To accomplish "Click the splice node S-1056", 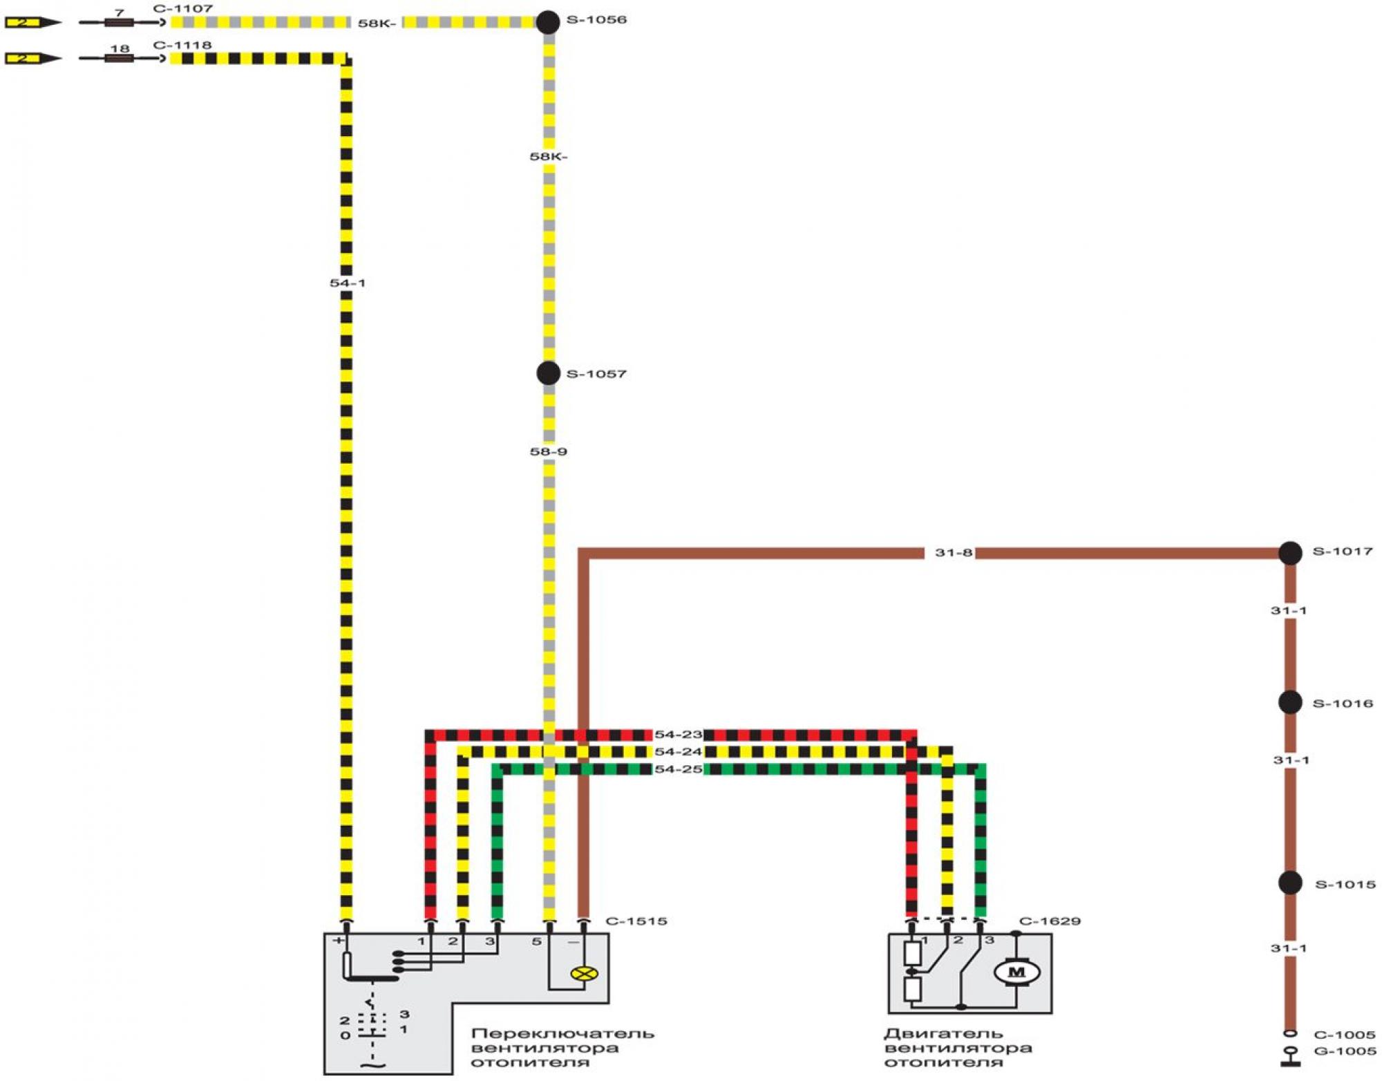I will point(548,22).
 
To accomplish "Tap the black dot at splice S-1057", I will point(548,373).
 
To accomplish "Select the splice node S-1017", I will point(1289,553).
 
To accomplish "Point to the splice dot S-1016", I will point(1289,703).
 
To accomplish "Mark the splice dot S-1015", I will point(1289,883).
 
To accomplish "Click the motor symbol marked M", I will point(1016,972).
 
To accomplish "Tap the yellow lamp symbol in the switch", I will point(584,974).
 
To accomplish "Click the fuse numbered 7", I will point(119,23).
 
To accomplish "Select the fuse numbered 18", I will point(119,59).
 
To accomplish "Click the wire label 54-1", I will point(347,283).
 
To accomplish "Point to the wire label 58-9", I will point(548,452).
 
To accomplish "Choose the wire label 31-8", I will point(953,553).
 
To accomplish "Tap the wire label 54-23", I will point(678,735).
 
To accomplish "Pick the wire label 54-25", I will point(678,769).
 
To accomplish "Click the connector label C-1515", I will point(636,921).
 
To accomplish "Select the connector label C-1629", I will point(1049,921).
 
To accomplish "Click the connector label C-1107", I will point(182,9).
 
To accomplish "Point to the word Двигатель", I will point(943,1034).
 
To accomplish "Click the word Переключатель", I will point(562,1034).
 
